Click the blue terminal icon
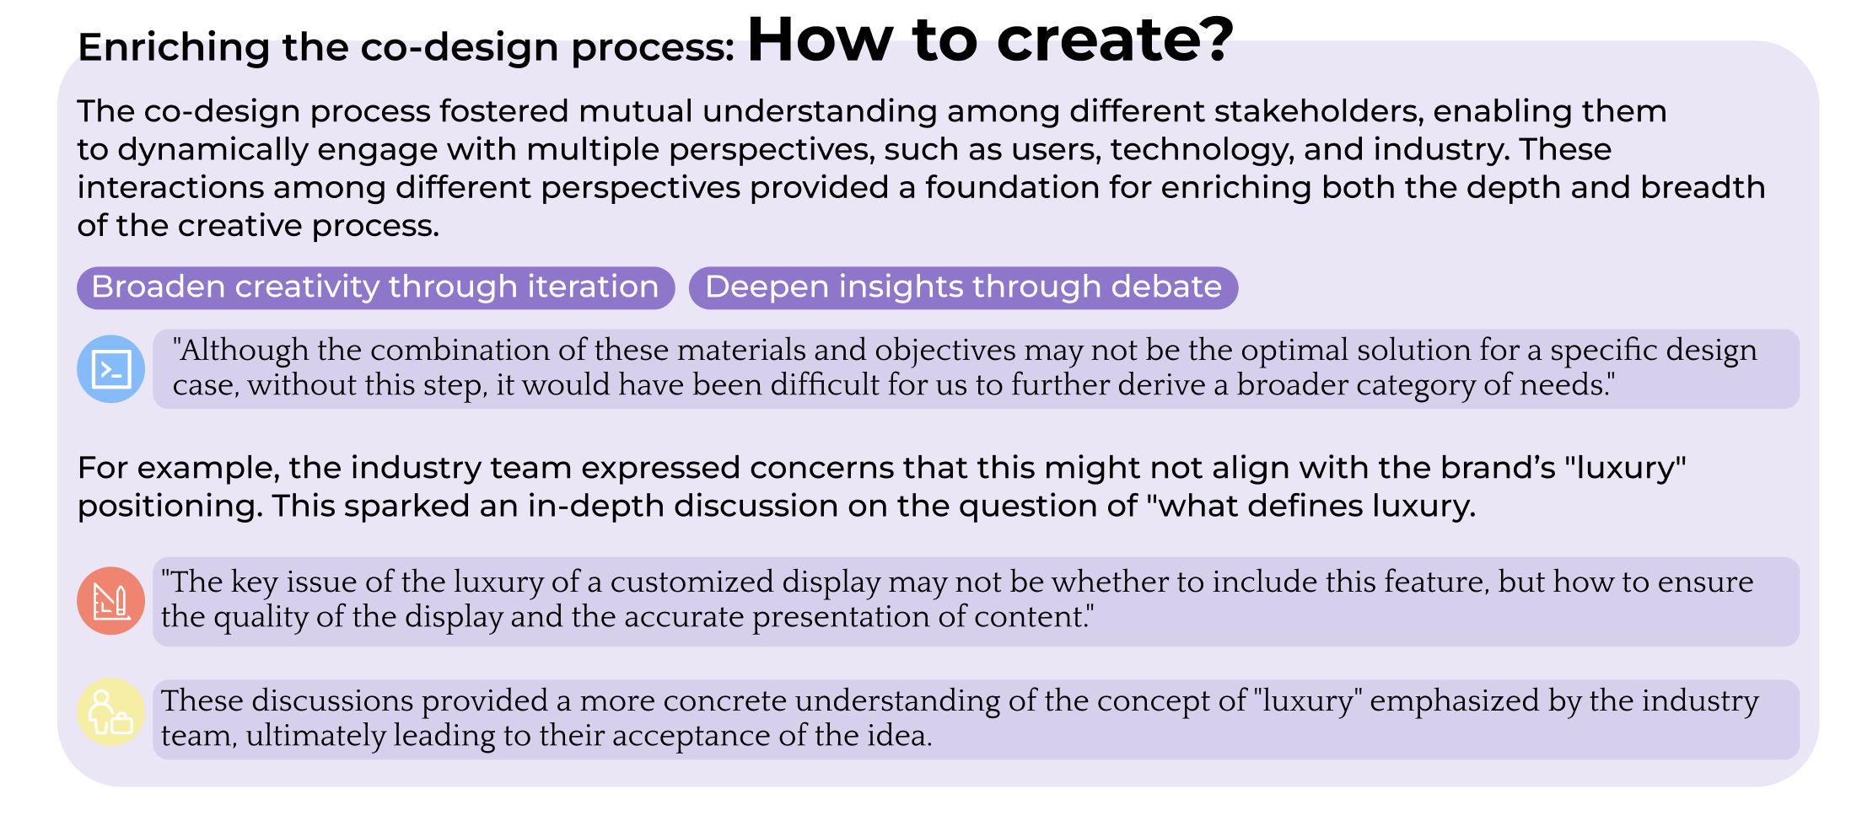click(111, 369)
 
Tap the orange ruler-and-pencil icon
click(111, 601)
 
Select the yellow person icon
click(111, 713)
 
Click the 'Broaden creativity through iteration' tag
click(376, 287)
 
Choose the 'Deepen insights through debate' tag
click(963, 287)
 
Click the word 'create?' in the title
click(1116, 40)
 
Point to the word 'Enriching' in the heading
click(174, 48)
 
